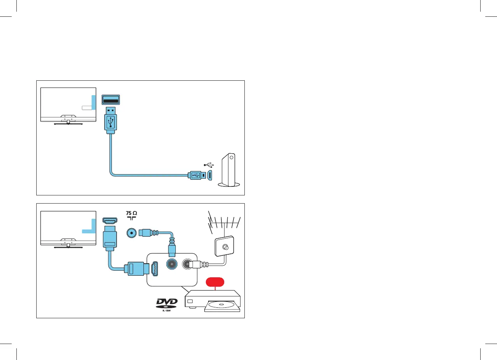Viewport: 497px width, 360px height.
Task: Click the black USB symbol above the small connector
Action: point(208,165)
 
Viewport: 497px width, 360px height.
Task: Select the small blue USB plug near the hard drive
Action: point(196,175)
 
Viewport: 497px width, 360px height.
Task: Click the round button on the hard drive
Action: point(231,158)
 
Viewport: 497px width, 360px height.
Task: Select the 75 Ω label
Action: point(132,214)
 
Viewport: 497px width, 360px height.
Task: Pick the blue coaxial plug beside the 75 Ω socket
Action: point(148,233)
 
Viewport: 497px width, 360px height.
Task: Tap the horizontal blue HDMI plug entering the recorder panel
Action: point(134,269)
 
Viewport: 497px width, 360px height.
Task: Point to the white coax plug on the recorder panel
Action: point(195,264)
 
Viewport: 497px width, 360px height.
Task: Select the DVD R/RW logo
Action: point(167,304)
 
